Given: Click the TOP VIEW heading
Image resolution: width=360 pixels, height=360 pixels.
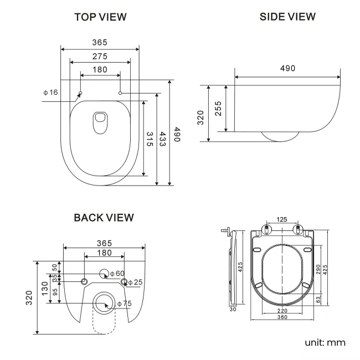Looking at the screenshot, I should [101, 17].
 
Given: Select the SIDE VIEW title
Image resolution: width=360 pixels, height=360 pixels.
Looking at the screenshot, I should [287, 17].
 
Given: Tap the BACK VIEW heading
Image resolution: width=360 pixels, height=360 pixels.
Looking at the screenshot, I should [104, 218].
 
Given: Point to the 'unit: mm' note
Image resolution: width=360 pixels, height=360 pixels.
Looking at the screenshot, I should [325, 342].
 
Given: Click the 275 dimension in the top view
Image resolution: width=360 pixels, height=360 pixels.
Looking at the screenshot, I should [100, 56].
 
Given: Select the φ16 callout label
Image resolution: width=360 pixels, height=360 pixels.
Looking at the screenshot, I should [50, 92].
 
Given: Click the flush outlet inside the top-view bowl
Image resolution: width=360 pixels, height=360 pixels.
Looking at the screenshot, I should [101, 122].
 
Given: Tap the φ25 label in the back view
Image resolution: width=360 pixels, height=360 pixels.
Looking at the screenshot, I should [135, 282].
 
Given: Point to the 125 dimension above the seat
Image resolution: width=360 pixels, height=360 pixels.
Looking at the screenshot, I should [282, 220].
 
